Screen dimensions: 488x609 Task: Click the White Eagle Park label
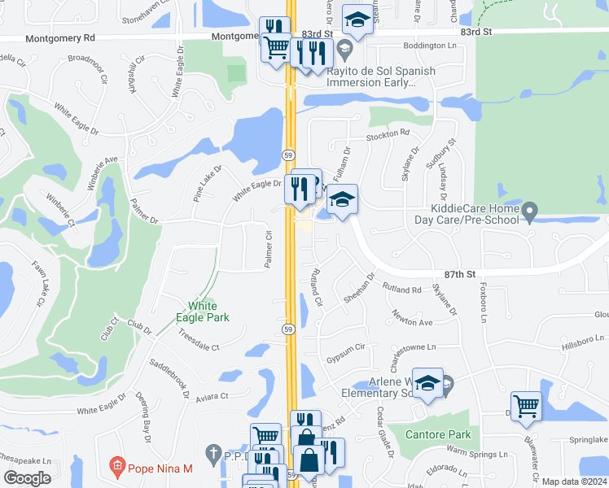pos(204,312)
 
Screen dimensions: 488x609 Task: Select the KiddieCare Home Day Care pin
pos(530,213)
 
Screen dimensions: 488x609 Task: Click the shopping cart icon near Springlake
pos(526,406)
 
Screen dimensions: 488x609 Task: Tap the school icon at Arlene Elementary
pos(428,383)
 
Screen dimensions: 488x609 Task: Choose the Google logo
pos(27,478)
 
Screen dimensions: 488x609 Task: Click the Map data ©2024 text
pos(574,481)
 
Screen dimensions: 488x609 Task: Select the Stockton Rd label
pos(388,134)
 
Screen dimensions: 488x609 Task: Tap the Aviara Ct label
pos(212,396)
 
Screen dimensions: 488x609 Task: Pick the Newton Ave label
pos(412,319)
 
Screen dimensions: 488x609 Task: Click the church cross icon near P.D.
pos(213,452)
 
